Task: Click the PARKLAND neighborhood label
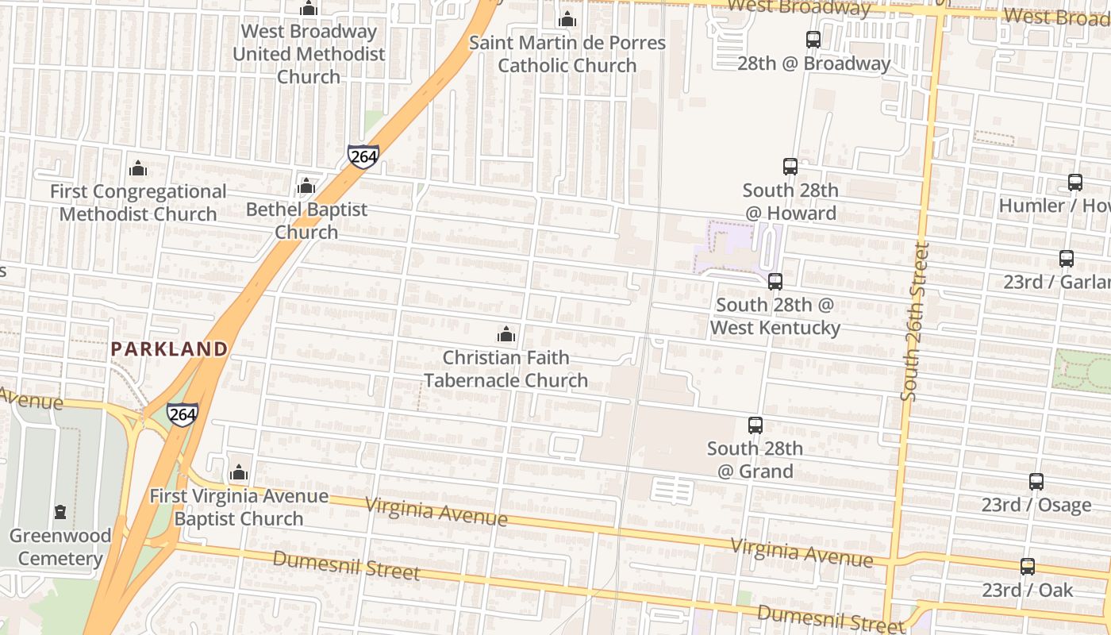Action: click(169, 348)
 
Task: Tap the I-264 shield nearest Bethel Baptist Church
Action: click(363, 156)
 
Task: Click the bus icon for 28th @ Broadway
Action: click(813, 40)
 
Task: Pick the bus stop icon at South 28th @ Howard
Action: click(790, 167)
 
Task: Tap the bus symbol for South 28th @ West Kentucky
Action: click(775, 282)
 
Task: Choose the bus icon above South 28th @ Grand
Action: click(755, 425)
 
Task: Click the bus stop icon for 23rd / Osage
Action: click(1036, 482)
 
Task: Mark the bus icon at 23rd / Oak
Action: click(1028, 567)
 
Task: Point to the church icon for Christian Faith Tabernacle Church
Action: click(506, 334)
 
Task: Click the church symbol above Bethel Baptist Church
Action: click(306, 187)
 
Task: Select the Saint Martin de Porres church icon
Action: click(567, 19)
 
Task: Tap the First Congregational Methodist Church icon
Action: click(138, 168)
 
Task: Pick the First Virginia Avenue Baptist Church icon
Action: click(239, 473)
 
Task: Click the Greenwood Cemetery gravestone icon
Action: click(60, 512)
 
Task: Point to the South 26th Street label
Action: click(913, 321)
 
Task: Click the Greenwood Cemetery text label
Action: click(60, 547)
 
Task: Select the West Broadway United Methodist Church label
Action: click(309, 54)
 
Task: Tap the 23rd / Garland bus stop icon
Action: click(1067, 259)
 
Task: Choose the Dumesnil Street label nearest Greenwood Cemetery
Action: click(346, 564)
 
